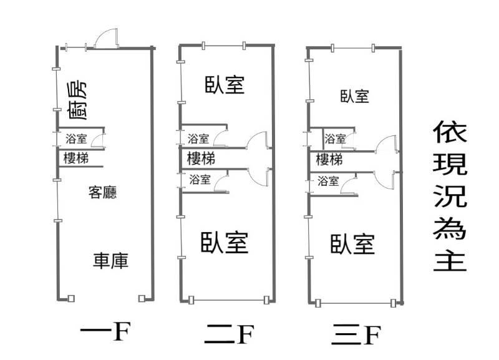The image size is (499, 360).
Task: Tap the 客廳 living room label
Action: coord(103,192)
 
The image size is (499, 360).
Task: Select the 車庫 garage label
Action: coord(111,260)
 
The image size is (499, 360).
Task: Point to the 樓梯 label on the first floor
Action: coord(75,158)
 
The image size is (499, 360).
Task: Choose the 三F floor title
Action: coord(356,335)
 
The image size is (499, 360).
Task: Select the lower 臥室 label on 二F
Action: coord(225,242)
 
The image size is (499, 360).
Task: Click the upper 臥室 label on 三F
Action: coord(354,96)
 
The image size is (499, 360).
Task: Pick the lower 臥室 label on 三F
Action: coord(352,243)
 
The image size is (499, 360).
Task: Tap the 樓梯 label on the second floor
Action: coord(201,158)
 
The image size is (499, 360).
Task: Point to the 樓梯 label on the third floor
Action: coord(329,159)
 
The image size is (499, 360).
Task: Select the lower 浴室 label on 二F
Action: coord(199,180)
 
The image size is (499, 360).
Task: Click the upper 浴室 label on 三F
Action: coord(336,139)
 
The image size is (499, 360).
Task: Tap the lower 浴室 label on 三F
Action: coord(328,182)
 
